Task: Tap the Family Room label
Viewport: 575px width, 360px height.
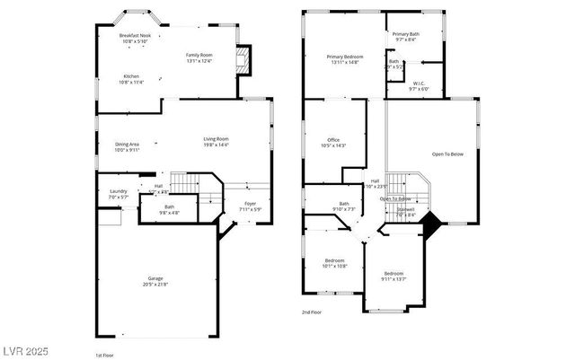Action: tap(199, 57)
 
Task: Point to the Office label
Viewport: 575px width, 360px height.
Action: tap(332, 143)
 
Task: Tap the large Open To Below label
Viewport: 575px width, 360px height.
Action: tap(447, 154)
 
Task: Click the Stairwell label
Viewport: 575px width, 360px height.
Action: tap(405, 213)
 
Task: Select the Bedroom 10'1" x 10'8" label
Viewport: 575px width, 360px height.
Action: tap(334, 263)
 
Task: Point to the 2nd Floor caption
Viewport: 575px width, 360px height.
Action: tap(312, 312)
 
